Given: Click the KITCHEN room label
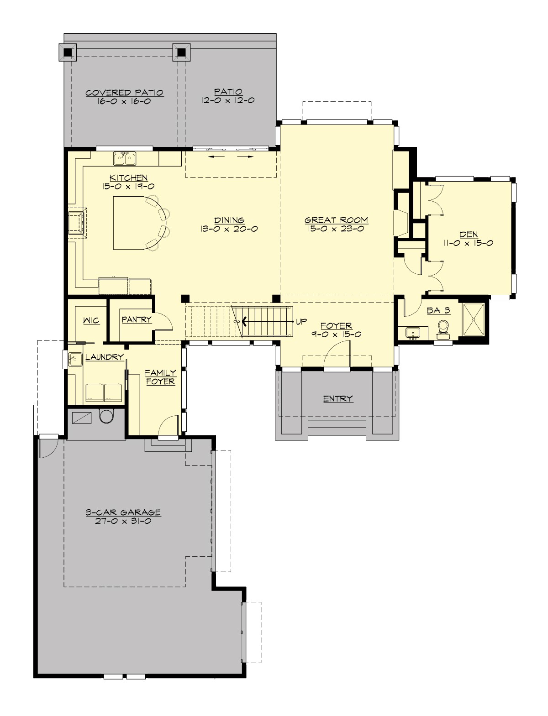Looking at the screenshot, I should (128, 178).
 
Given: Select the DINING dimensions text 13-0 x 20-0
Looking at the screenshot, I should (228, 229).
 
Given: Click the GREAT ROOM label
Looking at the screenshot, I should (337, 220).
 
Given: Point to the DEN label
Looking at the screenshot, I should (469, 235).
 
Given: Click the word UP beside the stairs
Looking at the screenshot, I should (301, 322).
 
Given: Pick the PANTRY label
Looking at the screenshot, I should (137, 319).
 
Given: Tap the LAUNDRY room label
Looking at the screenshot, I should (105, 357).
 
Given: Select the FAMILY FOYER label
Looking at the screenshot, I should (161, 377).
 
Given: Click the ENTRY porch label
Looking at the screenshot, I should (338, 398).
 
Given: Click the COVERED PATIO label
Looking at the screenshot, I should (125, 93).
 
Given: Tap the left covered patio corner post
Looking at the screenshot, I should (68, 52).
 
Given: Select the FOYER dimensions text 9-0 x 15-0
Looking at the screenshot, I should (337, 334).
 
